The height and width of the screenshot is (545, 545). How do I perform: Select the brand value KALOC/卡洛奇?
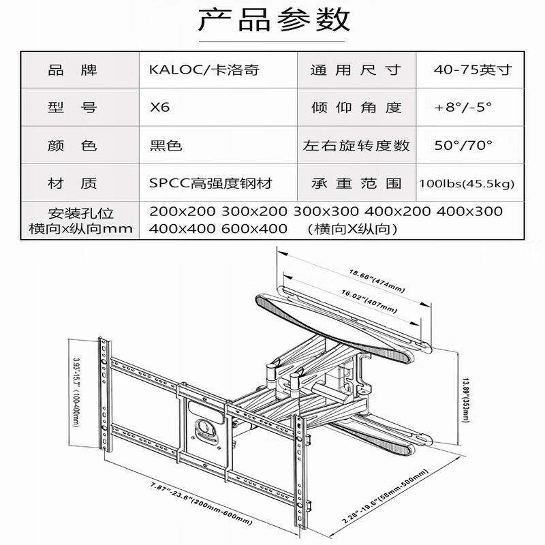(204, 69)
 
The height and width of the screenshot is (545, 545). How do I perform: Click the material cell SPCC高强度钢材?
(215, 183)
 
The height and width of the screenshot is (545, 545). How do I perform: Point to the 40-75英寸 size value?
(472, 69)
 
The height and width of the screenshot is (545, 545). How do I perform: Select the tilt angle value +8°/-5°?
(463, 108)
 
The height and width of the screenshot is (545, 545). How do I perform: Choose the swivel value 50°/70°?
(463, 146)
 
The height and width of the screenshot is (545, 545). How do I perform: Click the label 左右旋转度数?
(356, 146)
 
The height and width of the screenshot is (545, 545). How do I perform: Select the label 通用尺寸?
(356, 69)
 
